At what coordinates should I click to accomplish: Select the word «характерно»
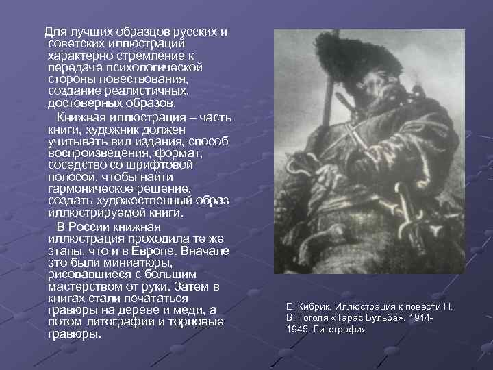[x=81, y=57]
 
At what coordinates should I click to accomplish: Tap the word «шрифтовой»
[x=165, y=165]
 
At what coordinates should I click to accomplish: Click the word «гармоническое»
[x=93, y=188]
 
